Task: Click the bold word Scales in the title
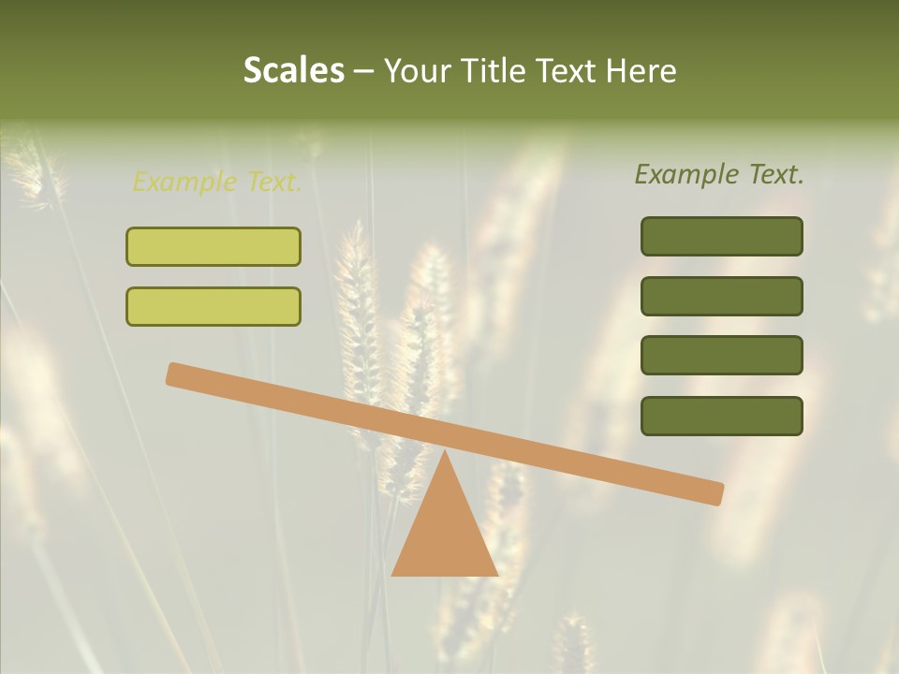[x=293, y=70]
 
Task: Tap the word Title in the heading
[x=494, y=70]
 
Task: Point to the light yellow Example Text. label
[x=217, y=183]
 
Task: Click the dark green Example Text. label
[x=719, y=174]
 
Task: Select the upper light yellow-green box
[x=214, y=246]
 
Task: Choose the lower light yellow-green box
[x=214, y=306]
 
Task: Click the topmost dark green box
[x=722, y=236]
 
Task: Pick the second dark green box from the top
[x=722, y=296]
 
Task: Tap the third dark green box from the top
[x=722, y=356]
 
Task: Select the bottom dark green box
[x=722, y=416]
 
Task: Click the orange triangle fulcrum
[x=445, y=534]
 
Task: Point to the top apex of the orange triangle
[x=445, y=451]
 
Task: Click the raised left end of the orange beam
[x=174, y=374]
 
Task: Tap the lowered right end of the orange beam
[x=716, y=493]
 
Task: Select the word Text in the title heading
[x=567, y=70]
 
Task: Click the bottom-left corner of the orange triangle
[x=392, y=575]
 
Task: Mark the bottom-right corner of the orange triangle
[x=497, y=575]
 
